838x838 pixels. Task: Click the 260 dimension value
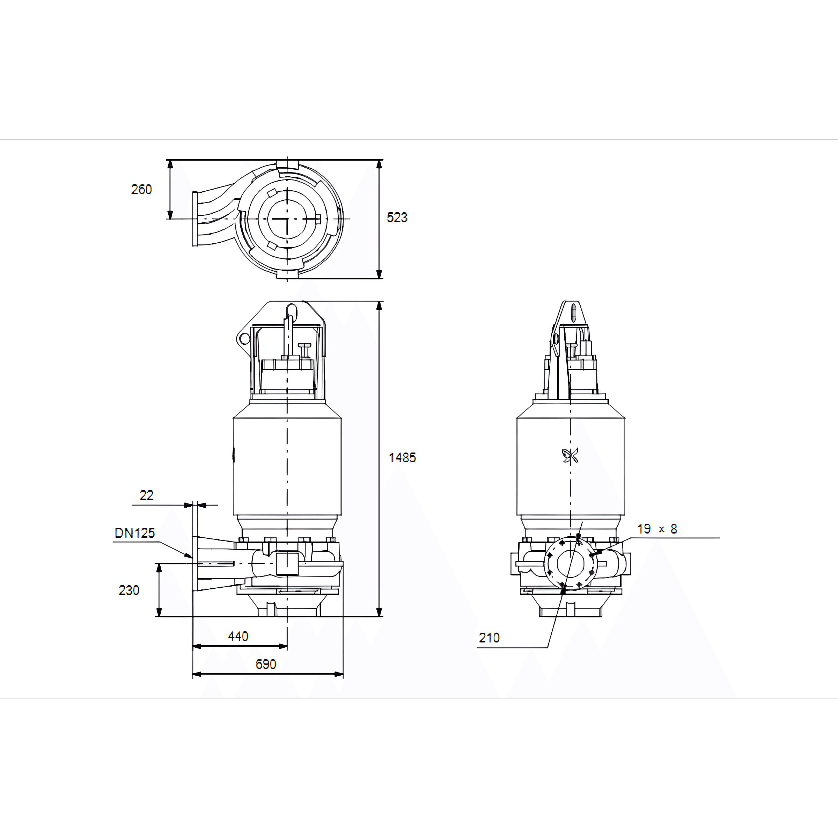(141, 190)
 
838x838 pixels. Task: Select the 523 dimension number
(397, 217)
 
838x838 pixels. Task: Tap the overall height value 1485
(402, 458)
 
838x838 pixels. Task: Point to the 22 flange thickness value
(146, 495)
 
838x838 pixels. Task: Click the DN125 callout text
(134, 533)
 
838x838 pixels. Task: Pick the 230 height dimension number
(129, 590)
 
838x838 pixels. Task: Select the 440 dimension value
(238, 636)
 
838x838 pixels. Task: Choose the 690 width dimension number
(265, 664)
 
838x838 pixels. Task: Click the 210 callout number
(489, 638)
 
